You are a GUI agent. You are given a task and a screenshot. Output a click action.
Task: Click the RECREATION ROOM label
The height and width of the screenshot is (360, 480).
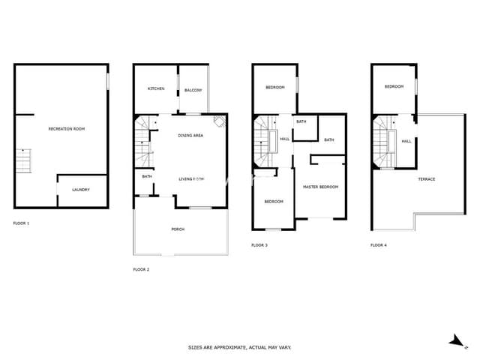[66, 129]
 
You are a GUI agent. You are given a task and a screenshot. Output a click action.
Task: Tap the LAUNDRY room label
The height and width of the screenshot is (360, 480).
[80, 190]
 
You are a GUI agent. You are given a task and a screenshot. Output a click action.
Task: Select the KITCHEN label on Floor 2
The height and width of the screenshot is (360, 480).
[155, 89]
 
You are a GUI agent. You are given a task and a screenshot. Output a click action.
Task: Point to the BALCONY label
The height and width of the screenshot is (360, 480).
[193, 91]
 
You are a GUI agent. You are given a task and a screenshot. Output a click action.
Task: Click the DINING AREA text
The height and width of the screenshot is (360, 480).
[190, 135]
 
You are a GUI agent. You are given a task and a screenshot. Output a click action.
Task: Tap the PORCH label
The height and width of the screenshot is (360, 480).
[178, 229]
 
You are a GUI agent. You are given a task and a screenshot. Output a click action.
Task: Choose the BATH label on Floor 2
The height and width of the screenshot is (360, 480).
[147, 177]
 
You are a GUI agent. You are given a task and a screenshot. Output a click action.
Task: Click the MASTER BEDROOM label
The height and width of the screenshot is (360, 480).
[320, 187]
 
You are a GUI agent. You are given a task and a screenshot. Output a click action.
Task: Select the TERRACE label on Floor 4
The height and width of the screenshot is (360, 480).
[426, 179]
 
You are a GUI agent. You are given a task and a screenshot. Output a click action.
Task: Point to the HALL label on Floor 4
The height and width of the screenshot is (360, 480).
[406, 141]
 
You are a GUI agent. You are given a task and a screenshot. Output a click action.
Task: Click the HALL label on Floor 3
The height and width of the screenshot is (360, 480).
[285, 139]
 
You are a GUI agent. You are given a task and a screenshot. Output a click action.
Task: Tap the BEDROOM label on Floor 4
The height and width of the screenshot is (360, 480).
[394, 87]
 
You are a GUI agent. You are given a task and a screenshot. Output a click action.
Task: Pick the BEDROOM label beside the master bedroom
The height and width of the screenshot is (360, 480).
[273, 201]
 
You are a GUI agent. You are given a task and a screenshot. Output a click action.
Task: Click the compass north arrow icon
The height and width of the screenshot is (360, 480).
[454, 340]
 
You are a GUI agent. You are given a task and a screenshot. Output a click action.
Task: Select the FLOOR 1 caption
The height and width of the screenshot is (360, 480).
[22, 223]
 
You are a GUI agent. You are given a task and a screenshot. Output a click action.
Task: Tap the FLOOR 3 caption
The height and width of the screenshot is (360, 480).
[259, 245]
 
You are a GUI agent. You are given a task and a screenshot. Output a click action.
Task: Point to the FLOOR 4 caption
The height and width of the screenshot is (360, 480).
[379, 245]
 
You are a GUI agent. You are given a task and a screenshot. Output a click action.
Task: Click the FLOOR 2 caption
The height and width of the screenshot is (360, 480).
[141, 268]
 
